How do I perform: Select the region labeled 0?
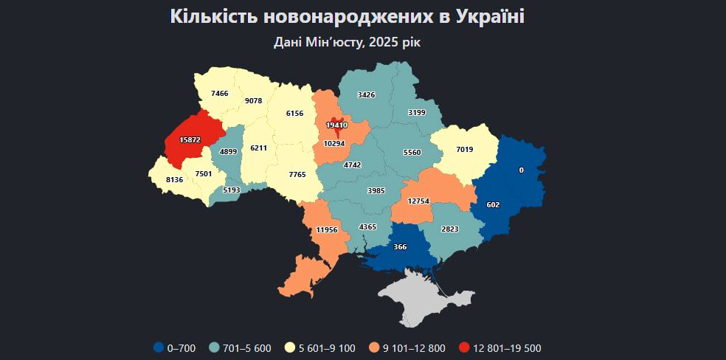521,170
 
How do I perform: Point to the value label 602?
493,205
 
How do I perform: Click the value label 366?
401,246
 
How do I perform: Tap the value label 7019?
464,150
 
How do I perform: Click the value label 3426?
367,94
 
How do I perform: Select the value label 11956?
326,230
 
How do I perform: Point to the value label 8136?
175,179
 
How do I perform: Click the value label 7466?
219,94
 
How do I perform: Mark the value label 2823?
449,230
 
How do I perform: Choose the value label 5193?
232,190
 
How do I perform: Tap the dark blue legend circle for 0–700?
159,348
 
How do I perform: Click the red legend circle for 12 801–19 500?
463,348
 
